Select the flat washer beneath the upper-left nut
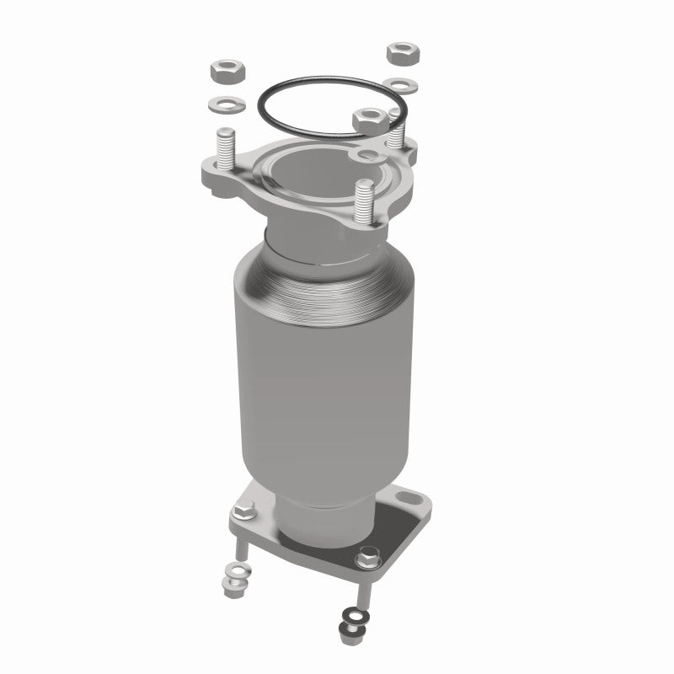pyautogui.click(x=226, y=105)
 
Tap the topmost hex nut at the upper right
pyautogui.click(x=404, y=53)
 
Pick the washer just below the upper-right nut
pyautogui.click(x=399, y=85)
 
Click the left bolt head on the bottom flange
pyautogui.click(x=243, y=511)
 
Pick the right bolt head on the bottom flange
pyautogui.click(x=367, y=559)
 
